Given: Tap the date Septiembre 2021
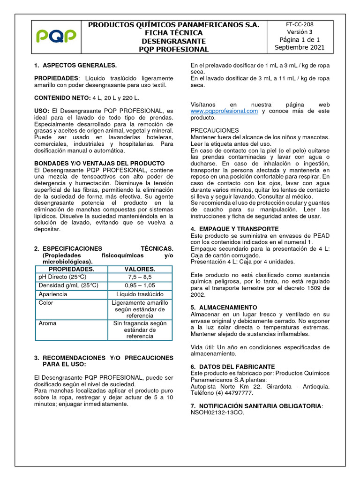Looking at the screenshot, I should point(299,48).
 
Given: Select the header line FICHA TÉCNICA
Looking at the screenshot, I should point(174,33).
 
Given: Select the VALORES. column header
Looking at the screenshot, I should point(140,269).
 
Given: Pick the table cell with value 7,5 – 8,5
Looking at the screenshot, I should point(140,277).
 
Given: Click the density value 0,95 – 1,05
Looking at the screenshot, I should point(140,285).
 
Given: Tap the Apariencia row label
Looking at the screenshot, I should point(53,294).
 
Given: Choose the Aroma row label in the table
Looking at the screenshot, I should point(48,323).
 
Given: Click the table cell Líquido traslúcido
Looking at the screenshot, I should point(140,294).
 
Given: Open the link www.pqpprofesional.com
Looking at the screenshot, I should point(225,111).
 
